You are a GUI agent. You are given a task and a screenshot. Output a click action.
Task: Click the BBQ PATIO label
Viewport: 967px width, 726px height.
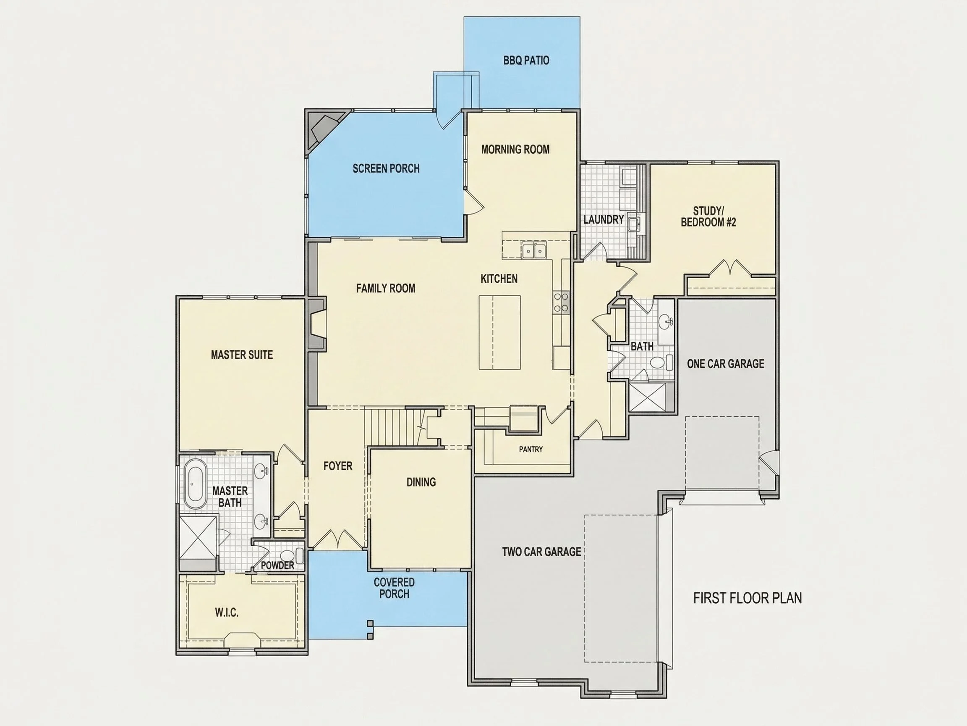[526, 60]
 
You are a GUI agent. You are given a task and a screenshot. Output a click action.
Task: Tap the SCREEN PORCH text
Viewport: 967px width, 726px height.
[386, 168]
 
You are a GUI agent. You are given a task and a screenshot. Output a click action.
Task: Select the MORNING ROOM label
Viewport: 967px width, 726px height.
[515, 150]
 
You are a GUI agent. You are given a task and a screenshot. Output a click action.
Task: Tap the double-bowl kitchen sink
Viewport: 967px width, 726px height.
[534, 251]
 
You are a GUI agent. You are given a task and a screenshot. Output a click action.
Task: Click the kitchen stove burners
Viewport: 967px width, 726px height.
[561, 303]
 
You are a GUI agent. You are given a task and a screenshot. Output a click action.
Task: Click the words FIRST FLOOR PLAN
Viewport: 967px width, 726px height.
[747, 598]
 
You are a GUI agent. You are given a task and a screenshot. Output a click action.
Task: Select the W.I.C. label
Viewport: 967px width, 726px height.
[227, 613]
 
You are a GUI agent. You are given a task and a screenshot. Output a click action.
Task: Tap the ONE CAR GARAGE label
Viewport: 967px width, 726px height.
[725, 364]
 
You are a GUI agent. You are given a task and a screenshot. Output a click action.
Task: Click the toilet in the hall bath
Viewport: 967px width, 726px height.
[660, 362]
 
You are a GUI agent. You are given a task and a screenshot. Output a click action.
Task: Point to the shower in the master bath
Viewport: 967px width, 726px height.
[199, 537]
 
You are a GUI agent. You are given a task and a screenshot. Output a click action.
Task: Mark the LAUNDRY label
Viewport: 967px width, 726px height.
[603, 220]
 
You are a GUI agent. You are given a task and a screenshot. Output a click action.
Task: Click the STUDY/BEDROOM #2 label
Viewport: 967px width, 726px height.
[708, 217]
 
